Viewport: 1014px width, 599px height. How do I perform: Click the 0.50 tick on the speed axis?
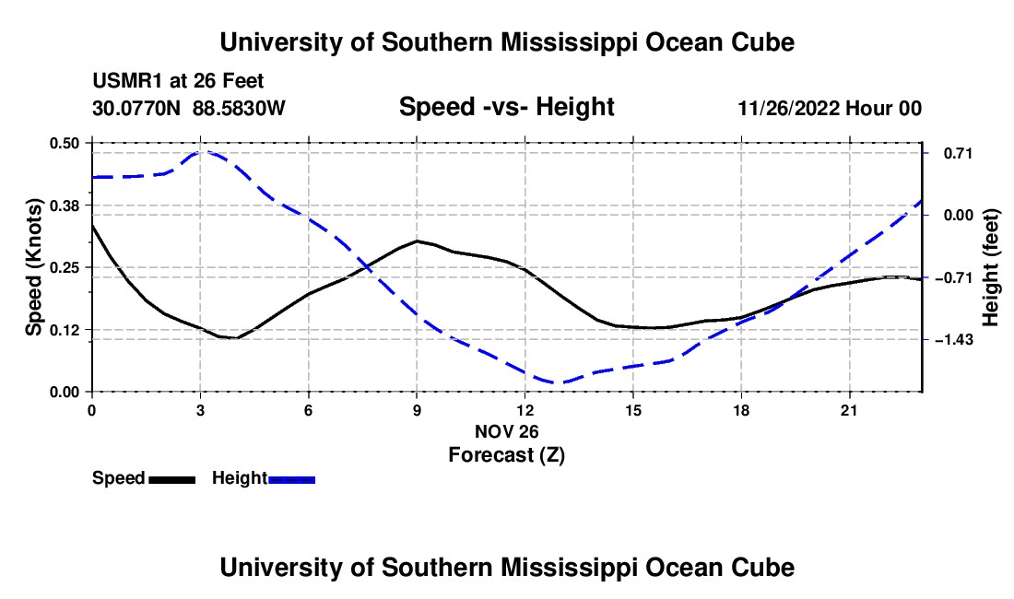tap(64, 143)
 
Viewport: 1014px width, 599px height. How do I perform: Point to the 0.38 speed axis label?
tap(64, 206)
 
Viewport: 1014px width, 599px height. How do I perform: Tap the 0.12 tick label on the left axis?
tap(64, 330)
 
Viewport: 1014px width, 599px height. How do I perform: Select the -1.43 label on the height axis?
tap(953, 340)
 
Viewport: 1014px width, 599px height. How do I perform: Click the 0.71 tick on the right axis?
tap(958, 153)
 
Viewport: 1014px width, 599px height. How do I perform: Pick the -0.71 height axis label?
tap(953, 278)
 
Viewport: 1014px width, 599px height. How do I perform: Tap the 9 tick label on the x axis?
tap(417, 410)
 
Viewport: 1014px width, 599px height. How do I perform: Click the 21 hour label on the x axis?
tap(849, 410)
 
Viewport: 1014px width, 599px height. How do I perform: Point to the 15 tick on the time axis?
tap(633, 410)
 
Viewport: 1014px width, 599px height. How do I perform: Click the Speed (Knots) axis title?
tap(33, 267)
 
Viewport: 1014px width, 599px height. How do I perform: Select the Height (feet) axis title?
tap(990, 267)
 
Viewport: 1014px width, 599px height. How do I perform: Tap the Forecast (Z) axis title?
tap(506, 455)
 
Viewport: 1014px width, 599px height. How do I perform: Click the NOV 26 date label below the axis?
tap(506, 431)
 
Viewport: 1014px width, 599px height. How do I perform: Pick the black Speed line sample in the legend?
tap(172, 479)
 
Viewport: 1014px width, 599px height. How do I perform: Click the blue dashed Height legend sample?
tap(291, 479)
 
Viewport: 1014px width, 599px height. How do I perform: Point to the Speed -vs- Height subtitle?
tap(506, 107)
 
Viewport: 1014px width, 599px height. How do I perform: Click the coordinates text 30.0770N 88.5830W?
tap(188, 109)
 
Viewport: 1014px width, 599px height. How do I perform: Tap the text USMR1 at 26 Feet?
tap(178, 81)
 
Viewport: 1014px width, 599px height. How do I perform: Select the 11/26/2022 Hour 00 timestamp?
tap(830, 109)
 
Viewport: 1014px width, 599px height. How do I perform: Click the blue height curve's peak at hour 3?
tap(201, 152)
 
